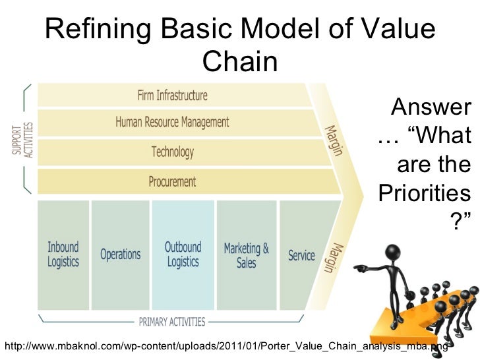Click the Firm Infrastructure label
172,96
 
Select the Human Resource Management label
172,122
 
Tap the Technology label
173,152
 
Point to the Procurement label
173,181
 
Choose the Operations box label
120,254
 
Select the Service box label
301,255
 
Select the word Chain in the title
239,63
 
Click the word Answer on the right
431,107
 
